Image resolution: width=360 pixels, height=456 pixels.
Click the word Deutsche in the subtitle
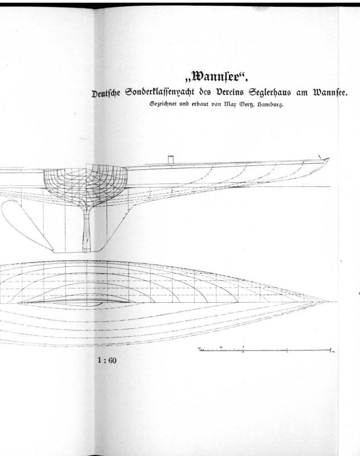(x=106, y=94)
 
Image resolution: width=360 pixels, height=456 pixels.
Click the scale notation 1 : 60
(x=107, y=361)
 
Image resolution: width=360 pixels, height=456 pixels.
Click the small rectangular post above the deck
(x=171, y=160)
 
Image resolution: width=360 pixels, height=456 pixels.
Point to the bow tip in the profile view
(x=329, y=159)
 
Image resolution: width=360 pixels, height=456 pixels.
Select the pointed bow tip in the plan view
(x=328, y=302)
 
